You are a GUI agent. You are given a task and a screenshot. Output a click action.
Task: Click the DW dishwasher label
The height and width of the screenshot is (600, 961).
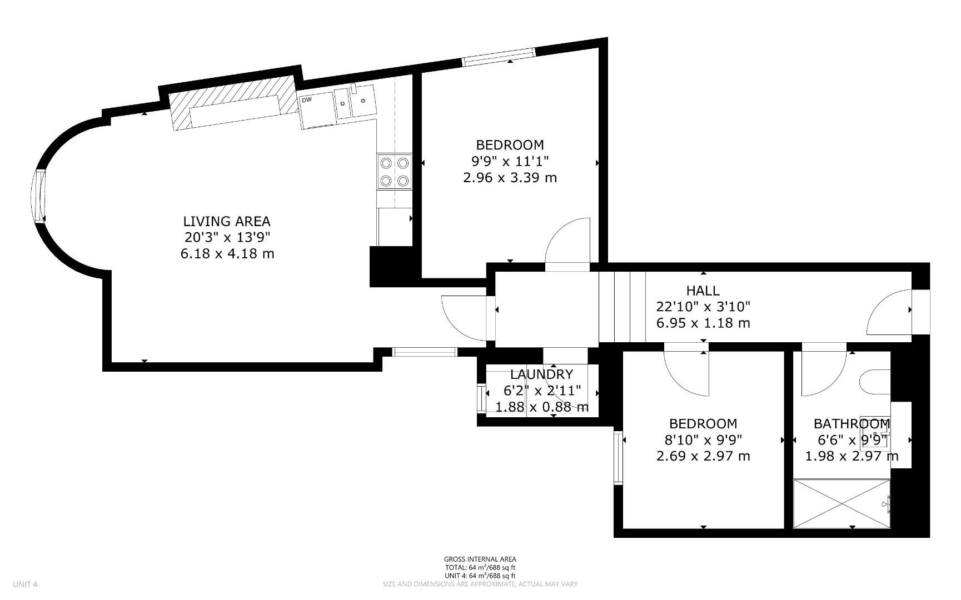coord(306,100)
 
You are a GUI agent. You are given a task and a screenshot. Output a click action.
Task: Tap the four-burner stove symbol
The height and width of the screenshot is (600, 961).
coord(394,172)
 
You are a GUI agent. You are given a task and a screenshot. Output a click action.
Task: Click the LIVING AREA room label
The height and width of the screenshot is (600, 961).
coord(227,221)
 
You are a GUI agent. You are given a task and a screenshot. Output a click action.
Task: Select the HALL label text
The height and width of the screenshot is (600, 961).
coord(703,291)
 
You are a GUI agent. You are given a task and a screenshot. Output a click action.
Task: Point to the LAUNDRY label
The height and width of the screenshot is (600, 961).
coord(541,374)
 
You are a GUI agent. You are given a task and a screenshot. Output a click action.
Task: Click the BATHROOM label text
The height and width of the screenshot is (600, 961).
coord(852,424)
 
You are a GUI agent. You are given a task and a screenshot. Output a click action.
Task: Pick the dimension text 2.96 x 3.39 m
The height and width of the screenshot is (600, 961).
coord(510,178)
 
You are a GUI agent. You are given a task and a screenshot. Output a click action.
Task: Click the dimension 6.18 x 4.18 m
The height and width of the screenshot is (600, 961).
coord(227,254)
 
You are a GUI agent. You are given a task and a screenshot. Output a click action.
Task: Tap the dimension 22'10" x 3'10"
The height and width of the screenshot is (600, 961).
coord(703,307)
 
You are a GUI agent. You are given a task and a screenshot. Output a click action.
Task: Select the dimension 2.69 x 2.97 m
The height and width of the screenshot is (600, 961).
coord(703,456)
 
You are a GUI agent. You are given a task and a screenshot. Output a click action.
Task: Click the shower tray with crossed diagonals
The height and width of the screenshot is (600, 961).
coord(842,504)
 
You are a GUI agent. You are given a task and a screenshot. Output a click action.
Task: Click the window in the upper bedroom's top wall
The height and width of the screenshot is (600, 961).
coord(499,57)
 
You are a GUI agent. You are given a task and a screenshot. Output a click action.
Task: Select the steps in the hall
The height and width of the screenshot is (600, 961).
coord(622,307)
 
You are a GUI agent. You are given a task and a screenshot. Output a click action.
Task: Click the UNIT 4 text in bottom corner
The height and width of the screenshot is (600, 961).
coord(25,584)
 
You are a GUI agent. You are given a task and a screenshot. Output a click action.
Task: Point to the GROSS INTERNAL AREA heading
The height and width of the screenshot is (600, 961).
coord(480,559)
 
